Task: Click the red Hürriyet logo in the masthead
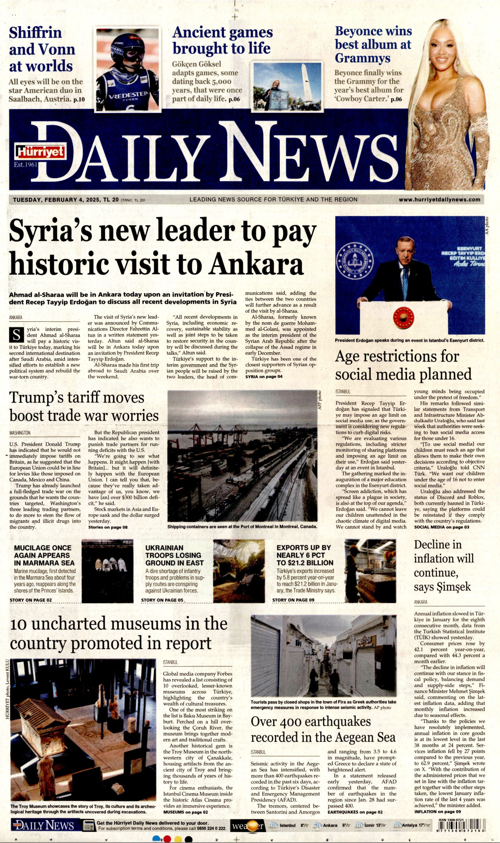(39, 151)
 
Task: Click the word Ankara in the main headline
(256, 264)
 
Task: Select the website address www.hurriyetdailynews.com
(439, 200)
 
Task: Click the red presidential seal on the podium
(403, 317)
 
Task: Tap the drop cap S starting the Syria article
(16, 335)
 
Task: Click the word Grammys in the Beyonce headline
(362, 58)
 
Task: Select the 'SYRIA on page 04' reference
(264, 377)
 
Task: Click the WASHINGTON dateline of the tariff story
(20, 433)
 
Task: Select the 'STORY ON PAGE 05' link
(162, 600)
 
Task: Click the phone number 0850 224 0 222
(211, 828)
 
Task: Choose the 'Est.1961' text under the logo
(25, 164)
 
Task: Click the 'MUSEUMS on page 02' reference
(185, 812)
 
